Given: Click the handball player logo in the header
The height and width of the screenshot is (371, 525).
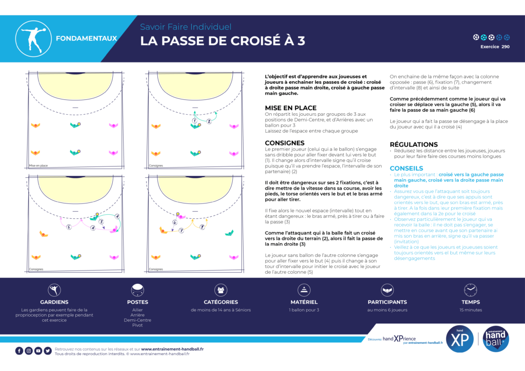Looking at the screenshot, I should (33, 38).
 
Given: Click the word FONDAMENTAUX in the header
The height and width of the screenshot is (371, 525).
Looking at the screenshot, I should (86, 38).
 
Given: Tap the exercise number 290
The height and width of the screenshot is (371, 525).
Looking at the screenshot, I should (506, 47).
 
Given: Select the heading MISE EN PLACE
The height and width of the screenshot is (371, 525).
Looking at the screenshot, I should (291, 108).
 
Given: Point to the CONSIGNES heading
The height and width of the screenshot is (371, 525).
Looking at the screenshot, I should (285, 143).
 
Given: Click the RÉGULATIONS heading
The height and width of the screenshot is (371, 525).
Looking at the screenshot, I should (414, 145).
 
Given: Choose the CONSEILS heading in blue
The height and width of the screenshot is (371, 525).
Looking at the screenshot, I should (407, 168).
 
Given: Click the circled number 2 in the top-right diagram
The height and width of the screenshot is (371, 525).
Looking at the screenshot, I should (209, 121).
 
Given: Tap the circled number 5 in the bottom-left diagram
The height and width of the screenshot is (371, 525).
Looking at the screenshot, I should (69, 226).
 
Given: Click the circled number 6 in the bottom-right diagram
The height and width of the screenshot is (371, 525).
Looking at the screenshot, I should (175, 223).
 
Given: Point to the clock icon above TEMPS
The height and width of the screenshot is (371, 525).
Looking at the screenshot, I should (470, 291).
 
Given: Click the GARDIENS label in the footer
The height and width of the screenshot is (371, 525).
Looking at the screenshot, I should (54, 302).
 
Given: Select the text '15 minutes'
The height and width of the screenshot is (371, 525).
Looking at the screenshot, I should (470, 310).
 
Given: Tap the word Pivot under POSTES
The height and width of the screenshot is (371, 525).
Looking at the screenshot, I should (137, 325).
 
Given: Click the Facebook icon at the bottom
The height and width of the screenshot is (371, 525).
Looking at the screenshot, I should (19, 351).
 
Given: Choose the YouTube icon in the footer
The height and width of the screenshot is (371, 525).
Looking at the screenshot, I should (38, 351).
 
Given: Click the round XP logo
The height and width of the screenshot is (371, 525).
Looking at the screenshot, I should (460, 339).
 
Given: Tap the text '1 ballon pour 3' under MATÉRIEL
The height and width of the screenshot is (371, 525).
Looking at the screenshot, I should (304, 310).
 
